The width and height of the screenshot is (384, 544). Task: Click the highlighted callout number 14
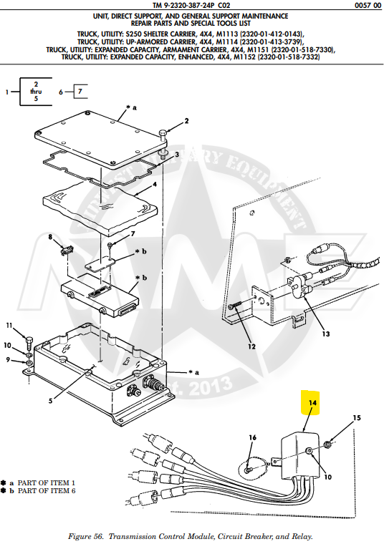click(x=312, y=403)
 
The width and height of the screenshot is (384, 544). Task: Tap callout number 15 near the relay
click(x=357, y=417)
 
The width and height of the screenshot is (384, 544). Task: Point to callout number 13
click(x=326, y=334)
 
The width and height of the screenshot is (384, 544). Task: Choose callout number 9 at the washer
click(x=9, y=359)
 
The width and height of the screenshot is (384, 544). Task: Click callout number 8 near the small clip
click(x=50, y=236)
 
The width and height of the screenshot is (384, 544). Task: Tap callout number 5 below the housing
click(x=50, y=401)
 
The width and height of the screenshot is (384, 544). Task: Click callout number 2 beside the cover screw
click(x=186, y=121)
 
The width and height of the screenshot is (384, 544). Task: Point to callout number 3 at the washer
click(x=177, y=154)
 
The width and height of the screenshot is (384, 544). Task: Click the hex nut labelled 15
click(x=324, y=445)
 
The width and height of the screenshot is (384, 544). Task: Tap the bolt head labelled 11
click(x=27, y=339)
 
